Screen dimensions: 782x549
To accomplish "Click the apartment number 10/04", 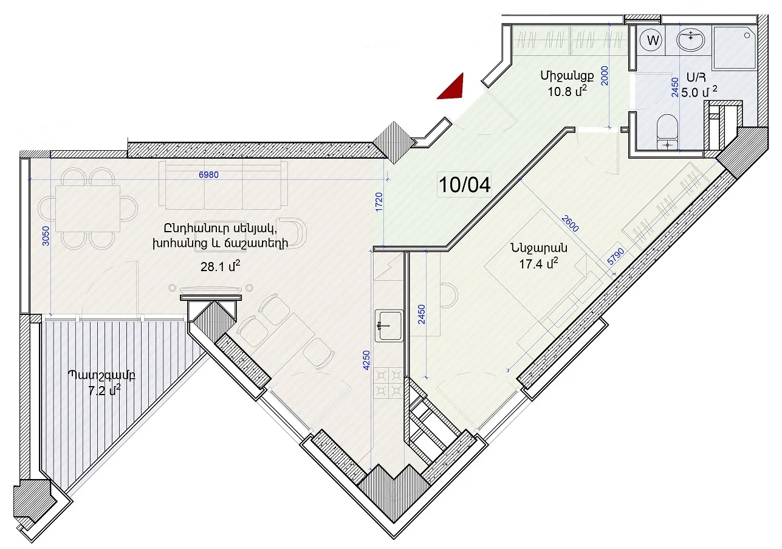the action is (464, 185).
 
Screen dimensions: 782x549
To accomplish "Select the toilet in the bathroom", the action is (667, 131).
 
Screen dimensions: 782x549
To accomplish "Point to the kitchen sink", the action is (389, 325).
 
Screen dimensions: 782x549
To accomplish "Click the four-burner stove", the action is (388, 384).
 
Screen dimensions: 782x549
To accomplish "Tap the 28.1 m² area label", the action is (220, 266).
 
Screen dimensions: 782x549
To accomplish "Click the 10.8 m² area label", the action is (567, 91).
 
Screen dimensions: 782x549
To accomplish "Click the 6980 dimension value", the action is (208, 174).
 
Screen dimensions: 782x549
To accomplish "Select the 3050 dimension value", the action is (46, 236).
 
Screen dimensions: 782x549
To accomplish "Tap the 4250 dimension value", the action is (366, 360).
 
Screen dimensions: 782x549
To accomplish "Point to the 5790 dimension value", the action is (616, 257).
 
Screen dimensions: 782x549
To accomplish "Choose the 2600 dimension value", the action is (570, 223).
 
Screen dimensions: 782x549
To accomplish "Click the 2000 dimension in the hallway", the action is (605, 76).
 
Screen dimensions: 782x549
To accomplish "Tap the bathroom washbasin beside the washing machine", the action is (690, 41).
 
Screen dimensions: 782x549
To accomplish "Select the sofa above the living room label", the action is (224, 185).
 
